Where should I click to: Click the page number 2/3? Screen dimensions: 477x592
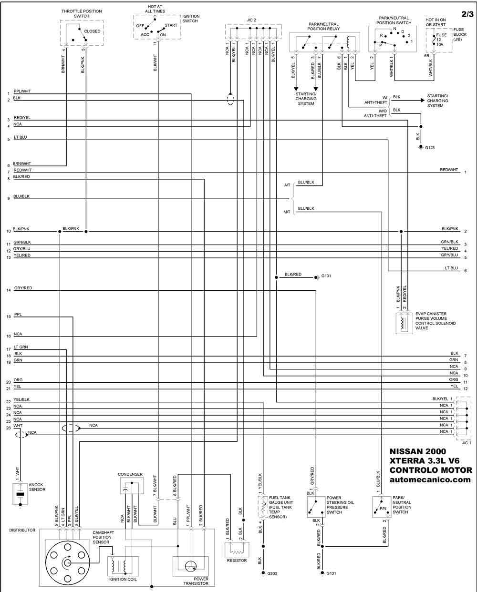pyautogui.click(x=467, y=14)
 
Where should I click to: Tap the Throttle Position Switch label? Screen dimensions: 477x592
pyautogui.click(x=82, y=13)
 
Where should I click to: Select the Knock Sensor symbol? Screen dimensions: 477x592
pyautogui.click(x=20, y=494)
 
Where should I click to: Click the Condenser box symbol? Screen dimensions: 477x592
pyautogui.click(x=132, y=486)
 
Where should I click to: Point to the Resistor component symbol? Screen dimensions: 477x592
pyautogui.click(x=237, y=550)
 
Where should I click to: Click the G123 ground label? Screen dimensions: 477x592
pyautogui.click(x=430, y=148)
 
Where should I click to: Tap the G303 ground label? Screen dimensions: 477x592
pyautogui.click(x=272, y=573)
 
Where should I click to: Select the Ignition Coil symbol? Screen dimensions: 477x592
pyautogui.click(x=123, y=566)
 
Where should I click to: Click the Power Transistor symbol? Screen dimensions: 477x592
pyautogui.click(x=191, y=566)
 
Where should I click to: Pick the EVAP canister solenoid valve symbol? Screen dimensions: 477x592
pyautogui.click(x=404, y=324)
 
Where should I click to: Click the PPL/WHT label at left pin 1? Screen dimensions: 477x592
pyautogui.click(x=22, y=91)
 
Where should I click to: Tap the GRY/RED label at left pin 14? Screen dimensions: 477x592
pyautogui.click(x=23, y=288)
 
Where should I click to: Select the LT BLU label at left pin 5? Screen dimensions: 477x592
pyautogui.click(x=21, y=137)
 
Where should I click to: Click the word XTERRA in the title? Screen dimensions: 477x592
pyautogui.click(x=406, y=460)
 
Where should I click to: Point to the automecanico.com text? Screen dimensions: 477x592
pyautogui.click(x=430, y=480)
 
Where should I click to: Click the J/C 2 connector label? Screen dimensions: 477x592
pyautogui.click(x=251, y=20)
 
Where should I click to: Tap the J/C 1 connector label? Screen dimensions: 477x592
pyautogui.click(x=467, y=443)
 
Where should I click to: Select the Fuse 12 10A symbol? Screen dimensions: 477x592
pyautogui.click(x=434, y=40)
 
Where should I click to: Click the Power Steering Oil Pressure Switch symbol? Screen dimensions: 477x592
pyautogui.click(x=316, y=507)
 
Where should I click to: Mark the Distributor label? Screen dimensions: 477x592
pyautogui.click(x=22, y=530)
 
